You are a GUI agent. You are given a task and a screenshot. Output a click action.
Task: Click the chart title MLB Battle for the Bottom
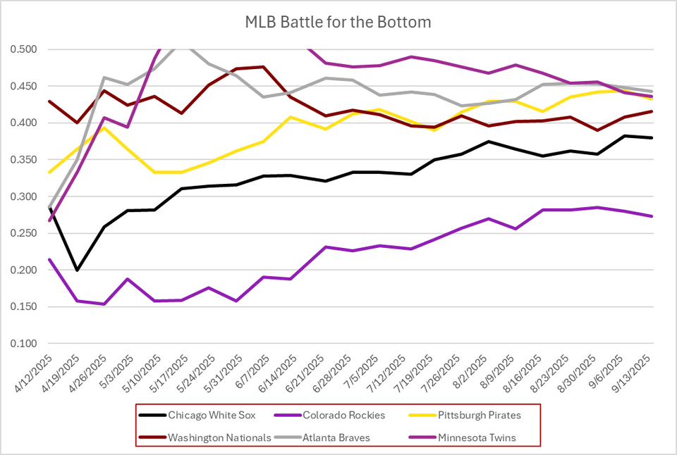pos(338,22)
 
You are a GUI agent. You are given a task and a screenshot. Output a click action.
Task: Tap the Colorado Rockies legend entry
pos(345,415)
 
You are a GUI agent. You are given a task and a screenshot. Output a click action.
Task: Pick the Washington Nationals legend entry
pos(219,437)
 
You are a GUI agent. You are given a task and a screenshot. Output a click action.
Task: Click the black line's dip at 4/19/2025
pos(76,270)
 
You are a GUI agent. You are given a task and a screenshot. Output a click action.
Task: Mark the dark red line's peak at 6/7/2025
pos(263,67)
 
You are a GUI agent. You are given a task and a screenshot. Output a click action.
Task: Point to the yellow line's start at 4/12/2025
pos(49,173)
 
